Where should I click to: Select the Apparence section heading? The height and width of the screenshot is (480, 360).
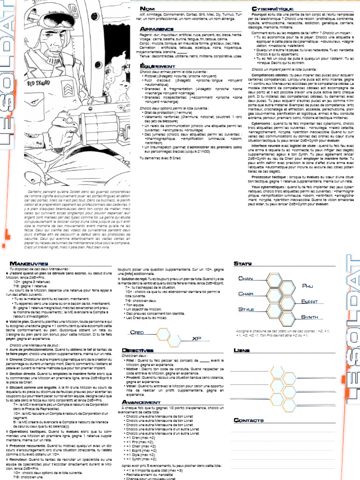pos(155,30)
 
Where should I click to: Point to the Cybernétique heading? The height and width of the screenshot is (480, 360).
pos(273,9)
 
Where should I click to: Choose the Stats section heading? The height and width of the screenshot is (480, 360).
pos(242,263)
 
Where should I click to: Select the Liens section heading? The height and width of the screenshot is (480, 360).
pos(241,351)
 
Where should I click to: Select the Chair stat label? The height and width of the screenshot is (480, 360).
pos(247,294)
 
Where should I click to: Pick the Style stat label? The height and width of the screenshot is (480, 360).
pos(247,310)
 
